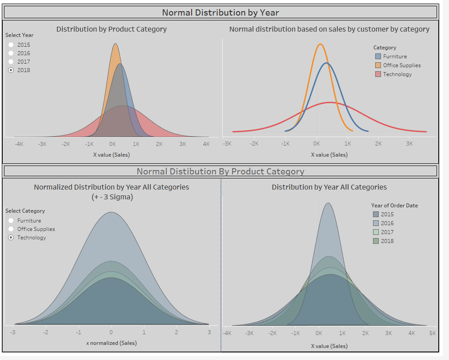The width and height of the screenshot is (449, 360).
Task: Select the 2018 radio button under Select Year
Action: pos(11,70)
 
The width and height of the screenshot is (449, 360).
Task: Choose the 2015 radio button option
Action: pos(11,45)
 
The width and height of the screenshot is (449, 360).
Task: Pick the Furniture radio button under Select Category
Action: pos(11,221)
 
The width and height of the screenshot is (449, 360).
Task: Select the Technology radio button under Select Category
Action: pos(11,238)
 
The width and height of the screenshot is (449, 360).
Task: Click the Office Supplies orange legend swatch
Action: pos(378,65)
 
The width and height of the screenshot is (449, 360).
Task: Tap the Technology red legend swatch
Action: pos(378,74)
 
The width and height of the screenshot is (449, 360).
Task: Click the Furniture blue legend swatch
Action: pos(378,57)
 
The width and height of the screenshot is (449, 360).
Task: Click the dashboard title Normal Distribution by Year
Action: pos(220,12)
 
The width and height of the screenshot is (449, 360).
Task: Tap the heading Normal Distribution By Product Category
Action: pos(220,171)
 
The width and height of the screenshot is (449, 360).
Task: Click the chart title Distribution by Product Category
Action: pos(112,29)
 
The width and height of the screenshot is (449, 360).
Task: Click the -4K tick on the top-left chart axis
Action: pos(19,144)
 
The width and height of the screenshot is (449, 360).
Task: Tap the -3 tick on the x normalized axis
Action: pos(13,332)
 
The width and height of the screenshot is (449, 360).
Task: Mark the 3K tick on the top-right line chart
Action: pos(409,144)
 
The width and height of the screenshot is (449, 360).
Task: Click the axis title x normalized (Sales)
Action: pos(111,343)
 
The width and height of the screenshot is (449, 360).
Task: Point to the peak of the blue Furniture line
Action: pos(327,63)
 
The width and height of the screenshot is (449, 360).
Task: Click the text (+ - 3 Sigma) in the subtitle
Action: pos(111,197)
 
